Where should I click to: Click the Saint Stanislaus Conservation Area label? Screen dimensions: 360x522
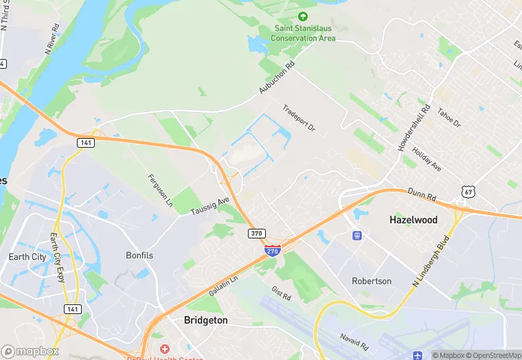click(303, 34)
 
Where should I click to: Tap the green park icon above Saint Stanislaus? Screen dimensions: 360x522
click(303, 16)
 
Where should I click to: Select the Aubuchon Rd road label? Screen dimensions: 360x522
click(276, 78)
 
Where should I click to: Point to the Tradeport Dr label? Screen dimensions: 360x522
click(298, 118)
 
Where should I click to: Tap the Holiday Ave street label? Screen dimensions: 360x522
click(427, 159)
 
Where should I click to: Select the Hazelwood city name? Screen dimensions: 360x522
click(413, 220)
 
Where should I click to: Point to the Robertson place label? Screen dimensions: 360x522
click(372, 281)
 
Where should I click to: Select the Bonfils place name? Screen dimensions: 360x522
click(140, 255)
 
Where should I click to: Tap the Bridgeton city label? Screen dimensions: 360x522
click(206, 320)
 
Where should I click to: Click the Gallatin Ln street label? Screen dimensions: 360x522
click(224, 286)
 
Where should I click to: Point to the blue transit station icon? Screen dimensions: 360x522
click(356, 235)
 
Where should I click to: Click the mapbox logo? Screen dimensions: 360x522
click(30, 351)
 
